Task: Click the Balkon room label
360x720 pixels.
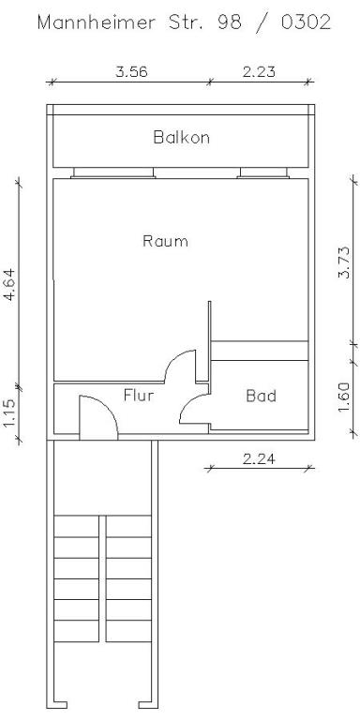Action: [x=181, y=137]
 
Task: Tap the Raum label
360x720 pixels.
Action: [x=165, y=241]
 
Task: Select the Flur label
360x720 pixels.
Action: [x=139, y=395]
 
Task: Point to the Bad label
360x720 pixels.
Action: [x=261, y=396]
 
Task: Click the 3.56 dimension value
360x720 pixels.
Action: [x=131, y=70]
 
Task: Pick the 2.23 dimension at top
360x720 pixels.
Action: [x=259, y=70]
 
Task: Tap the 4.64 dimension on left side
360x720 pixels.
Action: [x=9, y=282]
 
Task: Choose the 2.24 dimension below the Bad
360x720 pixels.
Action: [x=259, y=458]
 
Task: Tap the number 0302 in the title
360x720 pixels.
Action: [x=305, y=22]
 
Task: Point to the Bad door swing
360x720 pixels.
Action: [x=195, y=410]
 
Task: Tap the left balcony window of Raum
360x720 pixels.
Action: [x=113, y=172]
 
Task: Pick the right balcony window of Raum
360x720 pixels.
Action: [x=265, y=172]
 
